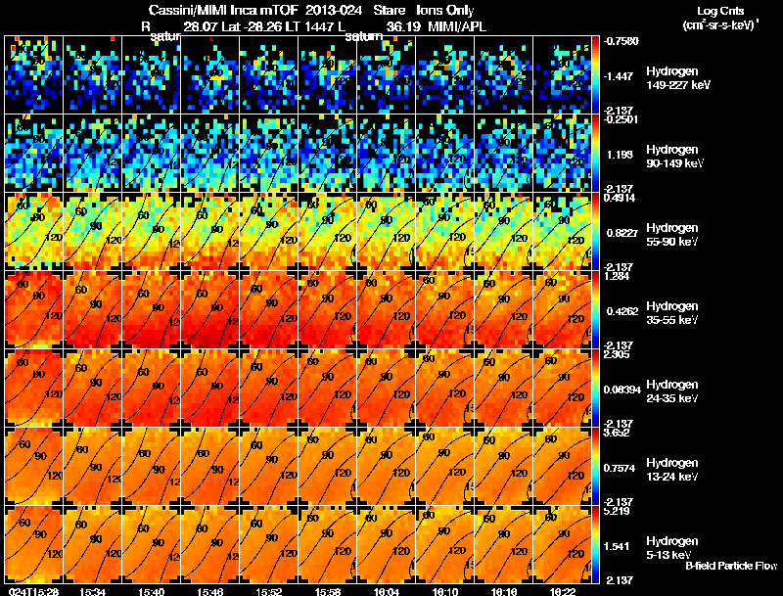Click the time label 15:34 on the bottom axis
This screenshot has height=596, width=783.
(x=93, y=591)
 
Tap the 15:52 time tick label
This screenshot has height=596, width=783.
(x=269, y=591)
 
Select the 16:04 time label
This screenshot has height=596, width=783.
(x=387, y=591)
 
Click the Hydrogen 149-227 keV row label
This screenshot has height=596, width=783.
(x=671, y=78)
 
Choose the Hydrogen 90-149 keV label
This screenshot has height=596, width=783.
(x=671, y=156)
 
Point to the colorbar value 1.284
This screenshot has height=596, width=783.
(x=619, y=277)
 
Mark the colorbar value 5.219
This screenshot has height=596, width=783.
(x=619, y=512)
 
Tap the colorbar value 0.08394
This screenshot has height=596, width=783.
(x=622, y=390)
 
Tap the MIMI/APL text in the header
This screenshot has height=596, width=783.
(x=457, y=26)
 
